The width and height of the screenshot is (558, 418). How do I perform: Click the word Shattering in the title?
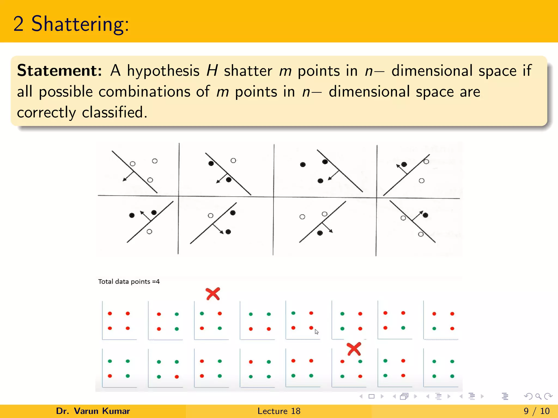click(80, 24)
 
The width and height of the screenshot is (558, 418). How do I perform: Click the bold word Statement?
click(59, 71)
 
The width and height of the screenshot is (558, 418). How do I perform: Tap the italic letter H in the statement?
click(212, 71)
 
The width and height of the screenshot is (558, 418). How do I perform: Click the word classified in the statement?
click(114, 112)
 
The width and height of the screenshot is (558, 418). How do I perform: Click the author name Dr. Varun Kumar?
click(93, 411)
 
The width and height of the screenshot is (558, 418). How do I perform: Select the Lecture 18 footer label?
click(279, 411)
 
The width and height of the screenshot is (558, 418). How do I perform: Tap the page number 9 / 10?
click(536, 411)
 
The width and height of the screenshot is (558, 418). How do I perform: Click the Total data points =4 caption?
click(129, 282)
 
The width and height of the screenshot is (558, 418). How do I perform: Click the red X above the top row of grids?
click(213, 294)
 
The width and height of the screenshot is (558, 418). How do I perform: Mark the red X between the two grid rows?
click(354, 349)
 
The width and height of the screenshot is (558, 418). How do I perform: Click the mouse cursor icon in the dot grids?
click(316, 332)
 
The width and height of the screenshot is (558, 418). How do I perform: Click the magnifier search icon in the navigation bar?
click(538, 397)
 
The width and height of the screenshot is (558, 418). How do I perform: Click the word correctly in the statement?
click(46, 113)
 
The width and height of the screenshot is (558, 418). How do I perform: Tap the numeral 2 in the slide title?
click(18, 24)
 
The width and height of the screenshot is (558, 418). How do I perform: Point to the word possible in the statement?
click(66, 92)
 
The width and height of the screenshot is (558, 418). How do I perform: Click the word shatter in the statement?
click(248, 71)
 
